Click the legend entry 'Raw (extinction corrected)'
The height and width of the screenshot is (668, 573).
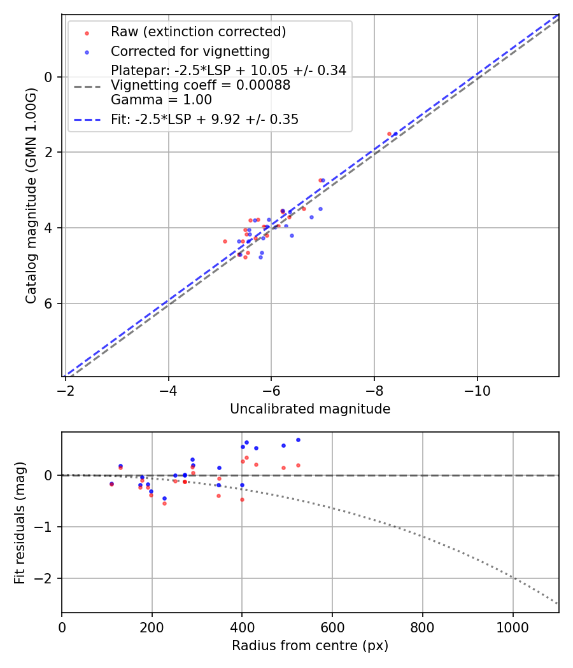pos(198,32)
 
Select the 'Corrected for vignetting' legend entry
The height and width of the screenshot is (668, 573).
pos(190,52)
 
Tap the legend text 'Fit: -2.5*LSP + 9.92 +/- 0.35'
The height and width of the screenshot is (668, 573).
pos(204,120)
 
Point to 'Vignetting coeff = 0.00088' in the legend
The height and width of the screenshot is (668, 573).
pos(201,85)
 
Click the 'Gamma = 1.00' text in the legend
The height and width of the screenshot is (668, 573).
pos(161,100)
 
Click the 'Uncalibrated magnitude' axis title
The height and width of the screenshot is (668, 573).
pos(310,409)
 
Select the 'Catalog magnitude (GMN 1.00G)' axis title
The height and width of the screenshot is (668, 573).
pos(31,195)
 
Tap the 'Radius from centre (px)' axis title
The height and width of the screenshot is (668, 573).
pos(310,646)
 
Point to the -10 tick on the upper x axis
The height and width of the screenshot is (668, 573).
pos(477,390)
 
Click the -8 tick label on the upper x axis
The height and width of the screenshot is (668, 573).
pos(374,390)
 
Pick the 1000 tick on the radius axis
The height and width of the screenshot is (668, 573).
pos(513,627)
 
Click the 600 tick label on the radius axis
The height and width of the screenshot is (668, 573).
pos(332,627)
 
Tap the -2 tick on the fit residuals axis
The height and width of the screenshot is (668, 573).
pos(44,579)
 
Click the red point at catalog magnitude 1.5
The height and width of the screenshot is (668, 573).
pos(389,134)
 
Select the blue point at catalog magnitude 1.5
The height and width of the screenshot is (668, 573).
pos(395,134)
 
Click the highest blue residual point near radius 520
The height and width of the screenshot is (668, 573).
pos(298,440)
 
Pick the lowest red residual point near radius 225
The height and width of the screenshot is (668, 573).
pos(164,503)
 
